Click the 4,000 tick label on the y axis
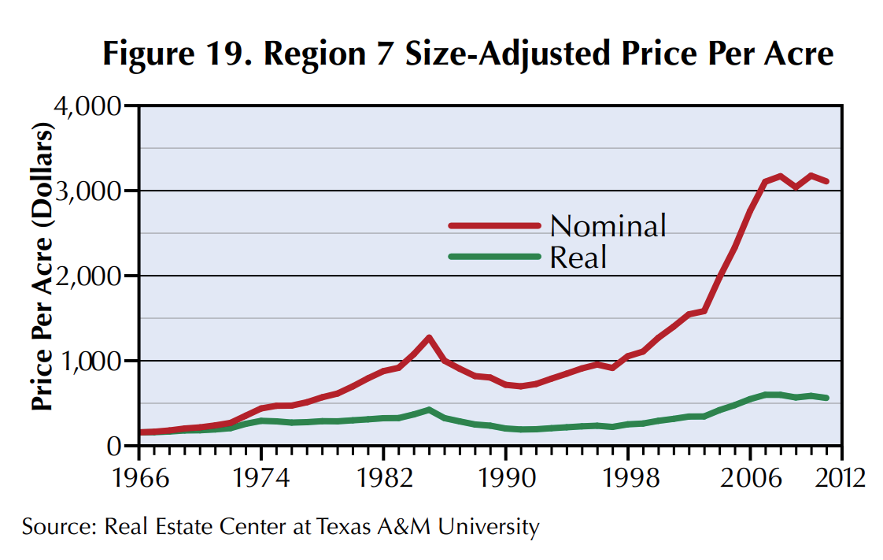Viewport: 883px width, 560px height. [x=90, y=106]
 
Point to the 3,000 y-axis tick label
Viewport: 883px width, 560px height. [x=90, y=191]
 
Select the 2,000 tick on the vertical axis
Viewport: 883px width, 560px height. [x=90, y=276]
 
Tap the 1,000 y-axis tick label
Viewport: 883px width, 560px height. [x=90, y=362]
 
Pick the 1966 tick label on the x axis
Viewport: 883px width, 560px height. [x=139, y=477]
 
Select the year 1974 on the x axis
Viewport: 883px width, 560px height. [x=261, y=477]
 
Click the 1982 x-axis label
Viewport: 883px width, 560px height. [x=383, y=477]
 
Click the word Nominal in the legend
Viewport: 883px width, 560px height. [x=608, y=226]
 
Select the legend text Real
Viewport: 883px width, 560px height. [x=578, y=257]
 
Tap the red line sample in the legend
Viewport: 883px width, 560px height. [x=494, y=226]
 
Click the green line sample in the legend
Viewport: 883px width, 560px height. [x=494, y=257]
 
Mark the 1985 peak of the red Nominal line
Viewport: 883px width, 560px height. [x=429, y=338]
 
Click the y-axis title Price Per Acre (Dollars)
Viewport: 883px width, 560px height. [x=43, y=268]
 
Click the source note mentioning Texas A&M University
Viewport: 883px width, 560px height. [x=281, y=526]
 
